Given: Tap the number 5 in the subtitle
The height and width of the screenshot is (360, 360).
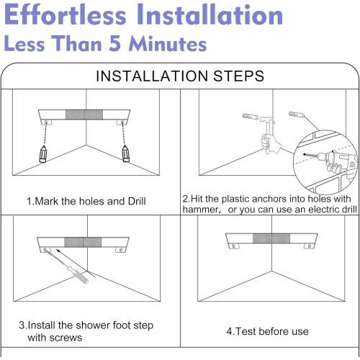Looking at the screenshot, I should [x=118, y=44].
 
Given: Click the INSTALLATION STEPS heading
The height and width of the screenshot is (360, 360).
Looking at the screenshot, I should [x=179, y=75].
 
